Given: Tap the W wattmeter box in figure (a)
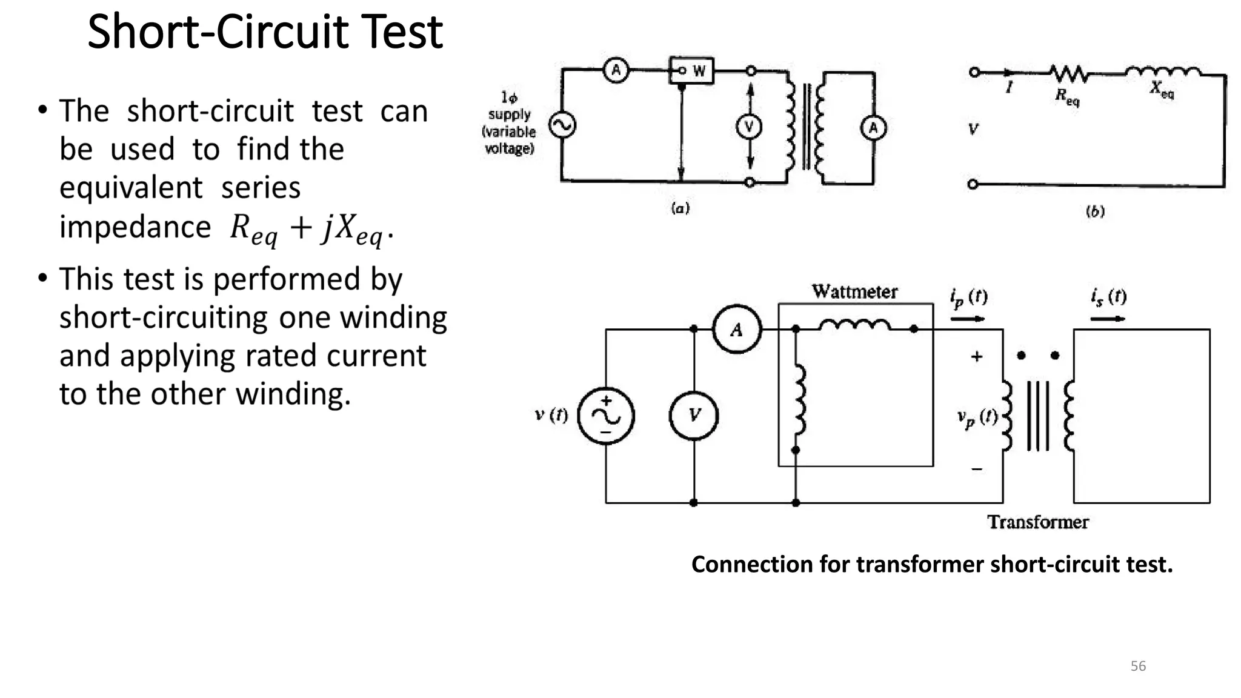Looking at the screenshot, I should [692, 71].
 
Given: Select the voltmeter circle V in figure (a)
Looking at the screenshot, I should [749, 127].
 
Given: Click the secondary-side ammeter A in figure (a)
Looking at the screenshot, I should [873, 128].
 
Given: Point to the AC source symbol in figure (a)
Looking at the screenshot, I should [562, 125].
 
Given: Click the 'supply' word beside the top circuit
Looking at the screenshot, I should [509, 114].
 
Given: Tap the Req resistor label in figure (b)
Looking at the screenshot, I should [1067, 96].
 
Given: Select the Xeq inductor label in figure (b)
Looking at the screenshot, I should [1162, 89].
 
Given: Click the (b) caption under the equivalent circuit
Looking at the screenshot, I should [1095, 211].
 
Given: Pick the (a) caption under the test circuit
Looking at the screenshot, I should [680, 208].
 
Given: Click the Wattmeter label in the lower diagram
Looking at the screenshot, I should [854, 291].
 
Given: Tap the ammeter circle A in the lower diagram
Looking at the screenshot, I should [736, 330].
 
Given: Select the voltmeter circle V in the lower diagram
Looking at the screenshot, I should [694, 416].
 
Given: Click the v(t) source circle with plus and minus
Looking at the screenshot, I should [606, 416].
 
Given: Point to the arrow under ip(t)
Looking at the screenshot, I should [968, 319].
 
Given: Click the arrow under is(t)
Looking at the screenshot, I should [1108, 319].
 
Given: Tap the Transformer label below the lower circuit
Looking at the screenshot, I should [1037, 522].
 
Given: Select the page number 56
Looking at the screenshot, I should [1138, 666].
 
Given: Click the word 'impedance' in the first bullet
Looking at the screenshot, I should [135, 228].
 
